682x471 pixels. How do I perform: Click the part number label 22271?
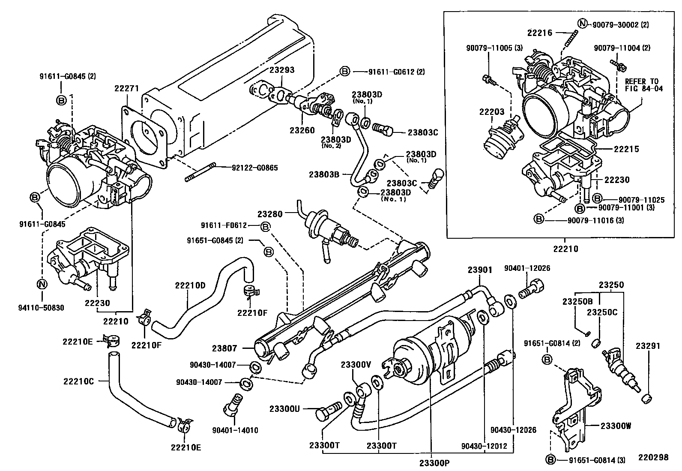point(126,89)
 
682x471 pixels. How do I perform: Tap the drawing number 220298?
point(652,457)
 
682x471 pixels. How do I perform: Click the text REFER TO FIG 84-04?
point(642,85)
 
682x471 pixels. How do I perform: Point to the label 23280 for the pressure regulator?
point(270,213)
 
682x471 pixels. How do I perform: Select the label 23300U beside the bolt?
point(284,408)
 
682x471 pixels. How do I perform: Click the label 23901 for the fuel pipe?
point(480,270)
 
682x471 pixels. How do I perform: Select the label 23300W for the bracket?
point(616,426)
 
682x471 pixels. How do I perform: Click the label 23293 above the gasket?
point(282,70)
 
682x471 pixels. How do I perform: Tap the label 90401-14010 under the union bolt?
point(235,430)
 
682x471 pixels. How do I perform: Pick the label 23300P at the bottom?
point(434,462)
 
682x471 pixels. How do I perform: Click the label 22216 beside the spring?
point(540,33)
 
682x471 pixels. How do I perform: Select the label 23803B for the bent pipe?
point(324,174)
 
